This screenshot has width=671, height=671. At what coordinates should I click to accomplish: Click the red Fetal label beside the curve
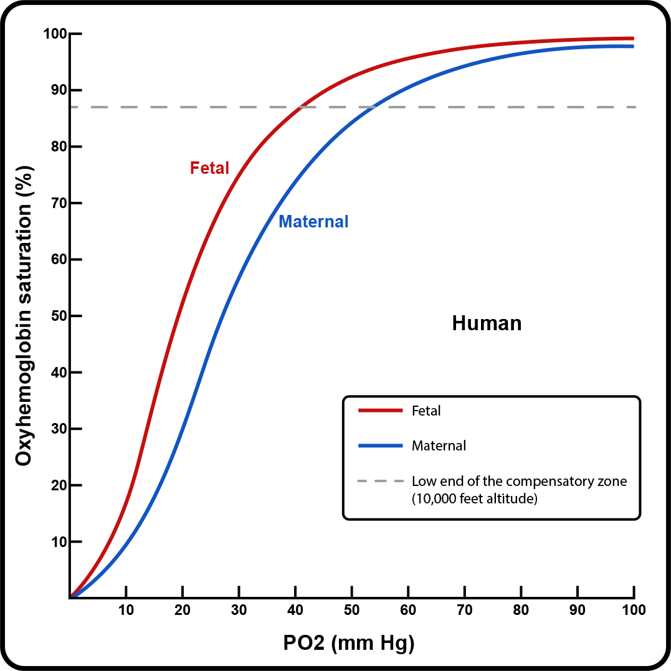click(209, 168)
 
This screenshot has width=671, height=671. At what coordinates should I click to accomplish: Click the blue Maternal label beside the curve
click(313, 221)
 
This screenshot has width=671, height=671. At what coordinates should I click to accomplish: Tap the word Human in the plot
click(487, 323)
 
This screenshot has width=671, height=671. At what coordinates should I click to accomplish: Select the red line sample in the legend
click(380, 411)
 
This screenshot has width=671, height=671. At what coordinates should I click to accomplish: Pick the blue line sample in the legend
click(380, 445)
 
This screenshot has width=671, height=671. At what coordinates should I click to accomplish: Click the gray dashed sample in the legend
click(380, 482)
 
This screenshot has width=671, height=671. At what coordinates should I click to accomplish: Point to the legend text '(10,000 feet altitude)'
click(474, 498)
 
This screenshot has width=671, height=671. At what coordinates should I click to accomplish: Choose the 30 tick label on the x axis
click(239, 609)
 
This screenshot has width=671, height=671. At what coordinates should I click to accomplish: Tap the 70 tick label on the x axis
click(465, 609)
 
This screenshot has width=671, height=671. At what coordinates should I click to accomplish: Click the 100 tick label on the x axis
click(634, 609)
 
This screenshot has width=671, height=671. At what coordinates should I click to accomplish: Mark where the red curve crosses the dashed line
click(300, 107)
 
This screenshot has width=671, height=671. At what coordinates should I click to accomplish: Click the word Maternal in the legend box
click(439, 446)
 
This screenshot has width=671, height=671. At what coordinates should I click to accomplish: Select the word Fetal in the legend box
click(426, 411)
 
